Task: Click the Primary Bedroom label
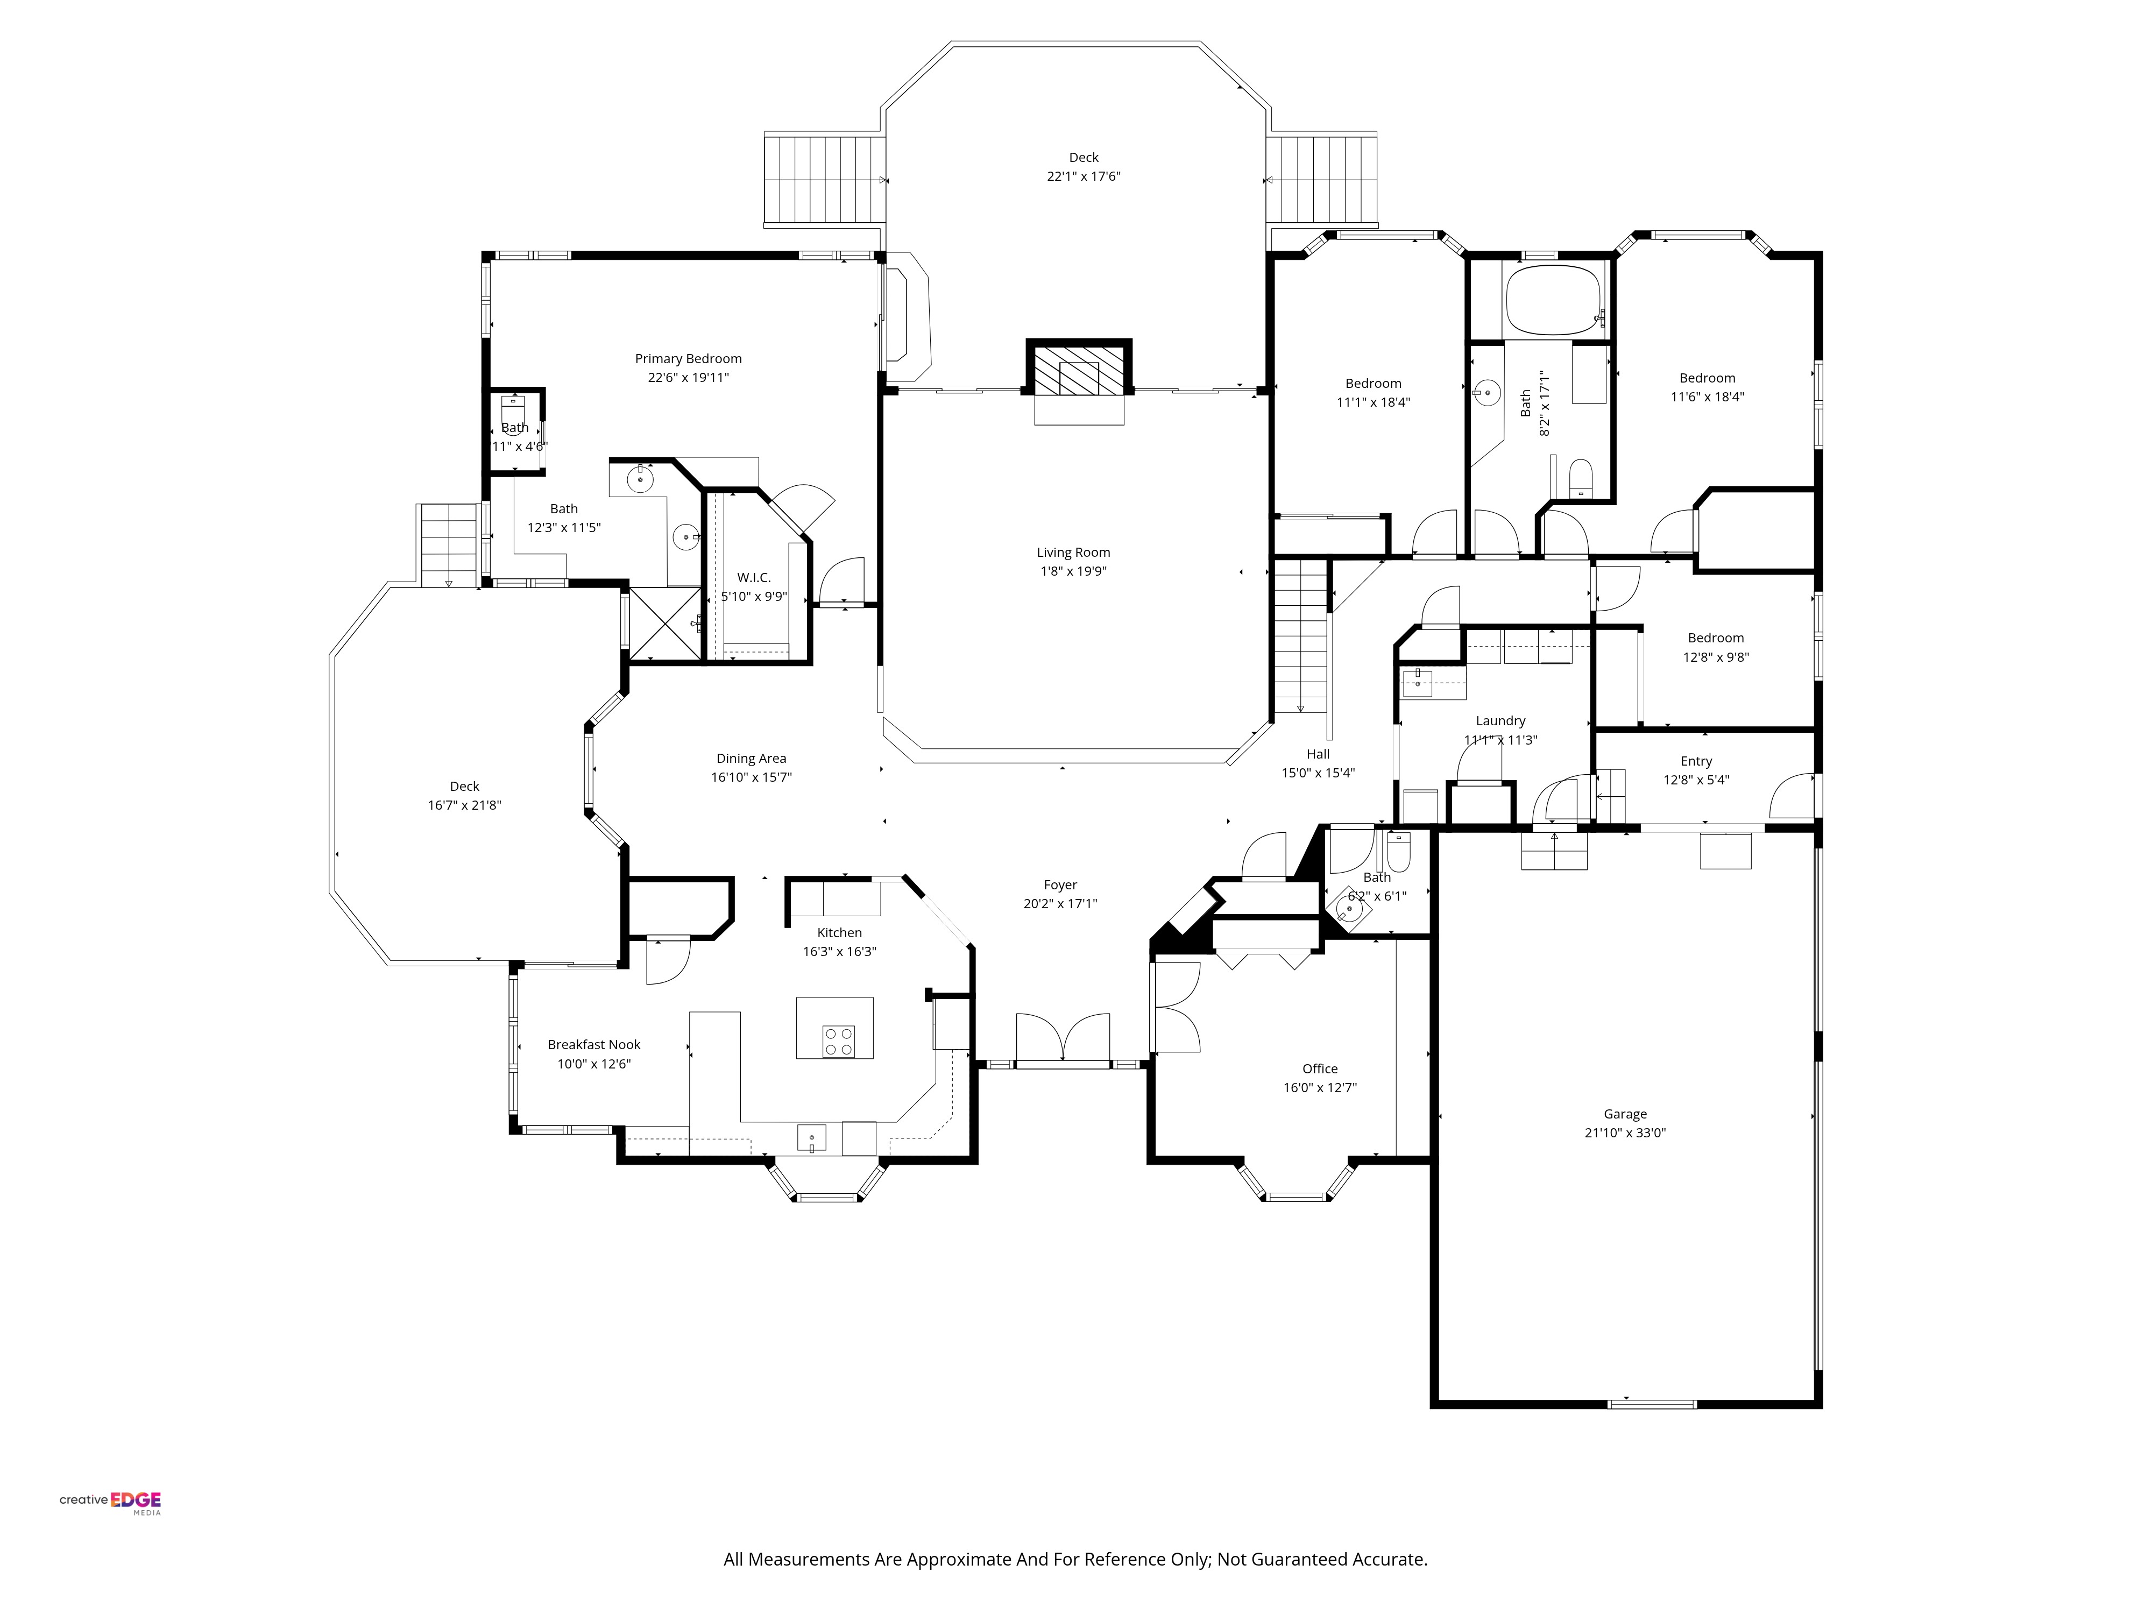688,359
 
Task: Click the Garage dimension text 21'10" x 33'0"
1625,1132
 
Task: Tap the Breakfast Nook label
593,1045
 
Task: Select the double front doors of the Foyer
1063,1038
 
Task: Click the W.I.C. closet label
753,578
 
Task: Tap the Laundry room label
1500,721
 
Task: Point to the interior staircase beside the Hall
1301,642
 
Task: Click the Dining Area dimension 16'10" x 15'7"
751,777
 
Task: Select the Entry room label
1696,762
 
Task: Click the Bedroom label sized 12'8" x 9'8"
1715,638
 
